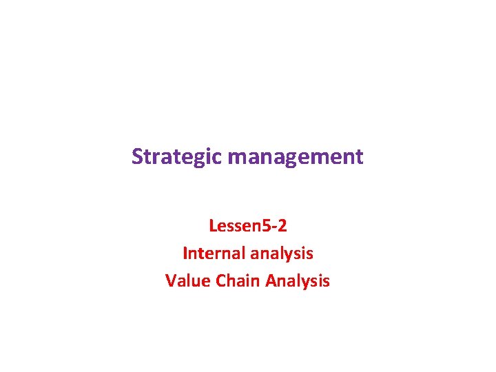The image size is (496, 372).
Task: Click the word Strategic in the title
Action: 177,157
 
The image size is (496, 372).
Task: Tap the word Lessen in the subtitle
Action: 230,226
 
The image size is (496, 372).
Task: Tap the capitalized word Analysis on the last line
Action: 298,281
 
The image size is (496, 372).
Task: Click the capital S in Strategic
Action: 136,157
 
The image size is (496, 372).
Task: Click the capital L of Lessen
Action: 211,226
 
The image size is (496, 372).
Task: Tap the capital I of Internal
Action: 185,254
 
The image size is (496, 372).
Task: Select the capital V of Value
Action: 170,281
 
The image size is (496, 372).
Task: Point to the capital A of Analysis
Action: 271,281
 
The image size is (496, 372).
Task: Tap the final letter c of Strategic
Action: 218,158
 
